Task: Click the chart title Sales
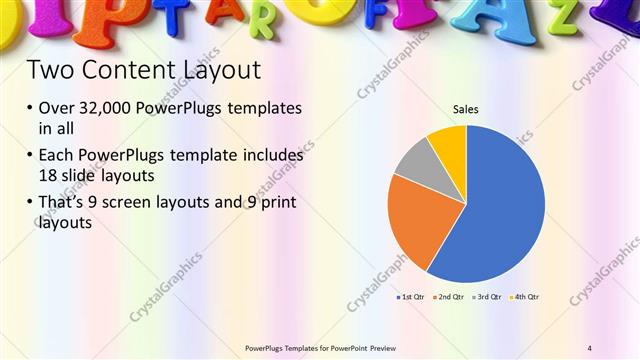(x=465, y=108)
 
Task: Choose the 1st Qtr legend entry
(x=411, y=297)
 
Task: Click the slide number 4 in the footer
(x=590, y=348)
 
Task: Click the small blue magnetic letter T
(x=177, y=15)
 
